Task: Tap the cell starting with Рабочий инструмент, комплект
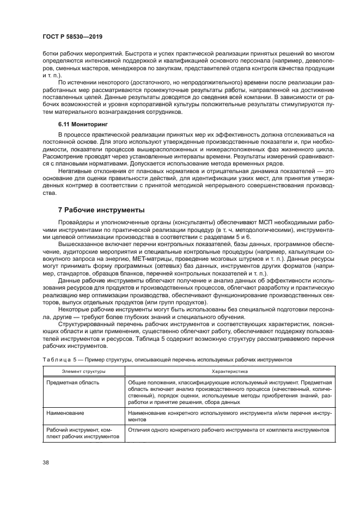coord(82,433)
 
